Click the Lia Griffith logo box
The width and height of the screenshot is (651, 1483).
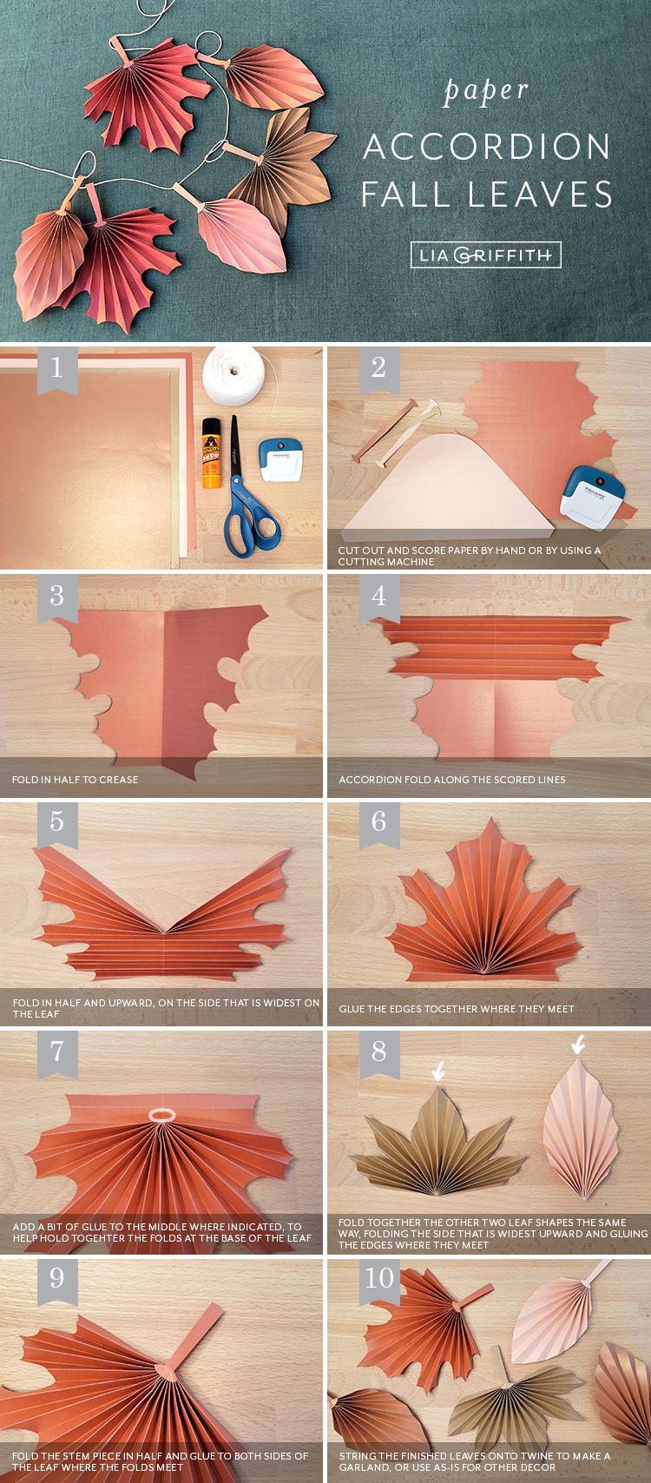[x=485, y=255]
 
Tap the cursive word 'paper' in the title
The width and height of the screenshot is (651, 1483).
[x=486, y=90]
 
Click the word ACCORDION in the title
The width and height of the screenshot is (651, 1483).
[x=486, y=147]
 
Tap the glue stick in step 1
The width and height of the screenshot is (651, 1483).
[x=212, y=453]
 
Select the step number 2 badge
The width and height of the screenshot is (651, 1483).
[x=379, y=369]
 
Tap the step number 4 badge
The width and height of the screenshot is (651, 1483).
[x=379, y=598]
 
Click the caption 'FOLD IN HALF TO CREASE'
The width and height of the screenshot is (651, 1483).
[x=76, y=779]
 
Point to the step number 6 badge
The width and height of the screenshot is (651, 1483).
[x=379, y=824]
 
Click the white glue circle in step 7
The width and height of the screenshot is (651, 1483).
[x=161, y=1116]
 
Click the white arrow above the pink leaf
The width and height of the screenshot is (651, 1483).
[x=578, y=1044]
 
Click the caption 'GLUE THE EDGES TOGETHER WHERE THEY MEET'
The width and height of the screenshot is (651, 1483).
[x=457, y=1008]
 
